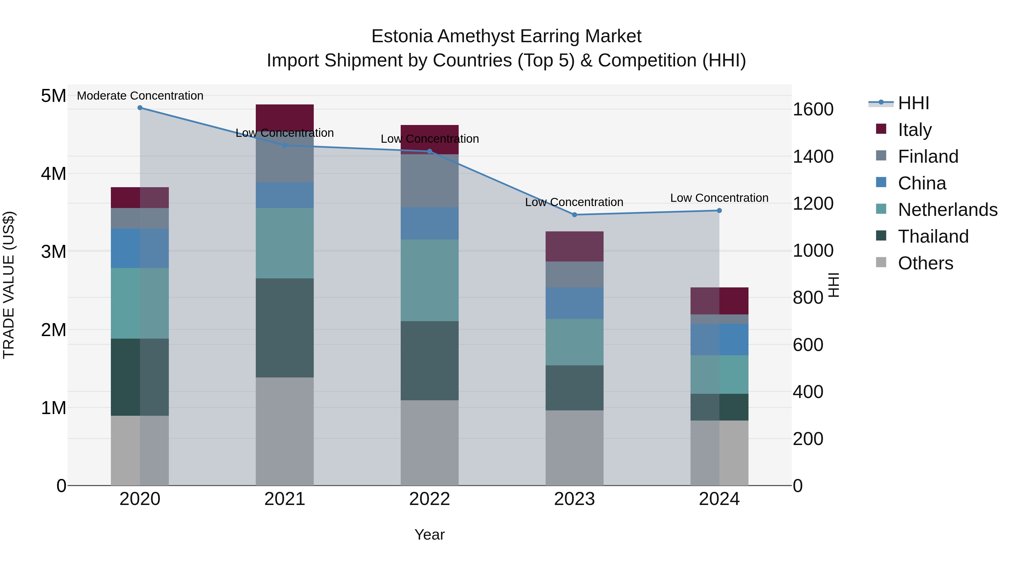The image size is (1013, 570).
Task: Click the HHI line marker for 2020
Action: [140, 108]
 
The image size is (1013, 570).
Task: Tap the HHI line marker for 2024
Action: [719, 211]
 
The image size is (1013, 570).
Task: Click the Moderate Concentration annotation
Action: [140, 96]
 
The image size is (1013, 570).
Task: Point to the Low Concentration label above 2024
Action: [719, 198]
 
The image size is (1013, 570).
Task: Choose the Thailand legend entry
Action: [933, 236]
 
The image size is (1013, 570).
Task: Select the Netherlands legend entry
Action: [947, 210]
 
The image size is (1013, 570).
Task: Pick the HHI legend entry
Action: [913, 103]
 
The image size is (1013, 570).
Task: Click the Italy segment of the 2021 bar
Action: [285, 116]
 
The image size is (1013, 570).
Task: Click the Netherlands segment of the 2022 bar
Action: [429, 280]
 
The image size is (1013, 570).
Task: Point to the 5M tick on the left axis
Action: [53, 96]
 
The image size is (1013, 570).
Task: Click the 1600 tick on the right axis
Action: [813, 109]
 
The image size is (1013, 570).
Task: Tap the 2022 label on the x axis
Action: [429, 499]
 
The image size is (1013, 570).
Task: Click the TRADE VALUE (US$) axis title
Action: [9, 285]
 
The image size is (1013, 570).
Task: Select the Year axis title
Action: [429, 535]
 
